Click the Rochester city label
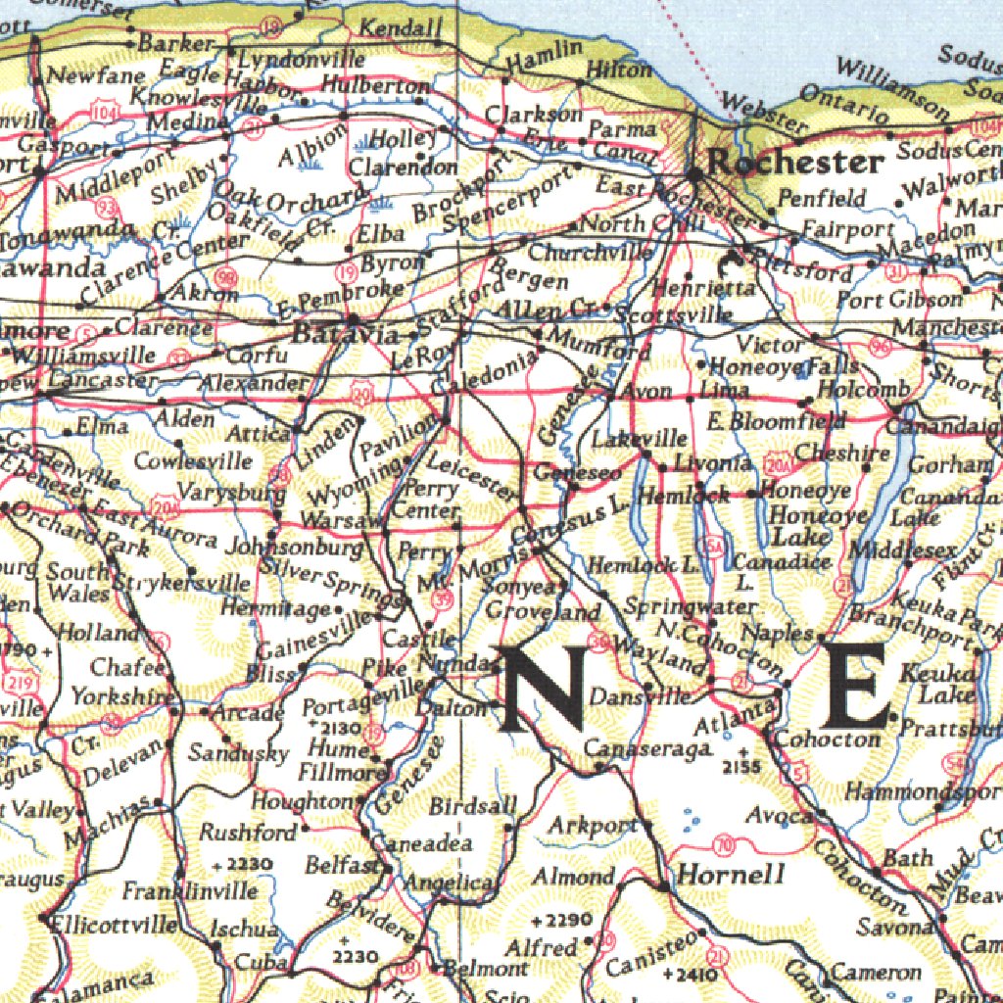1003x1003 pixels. tap(795, 163)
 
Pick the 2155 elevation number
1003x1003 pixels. tap(742, 766)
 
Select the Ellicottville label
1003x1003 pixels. tap(101, 923)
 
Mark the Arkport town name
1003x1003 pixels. tap(592, 825)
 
